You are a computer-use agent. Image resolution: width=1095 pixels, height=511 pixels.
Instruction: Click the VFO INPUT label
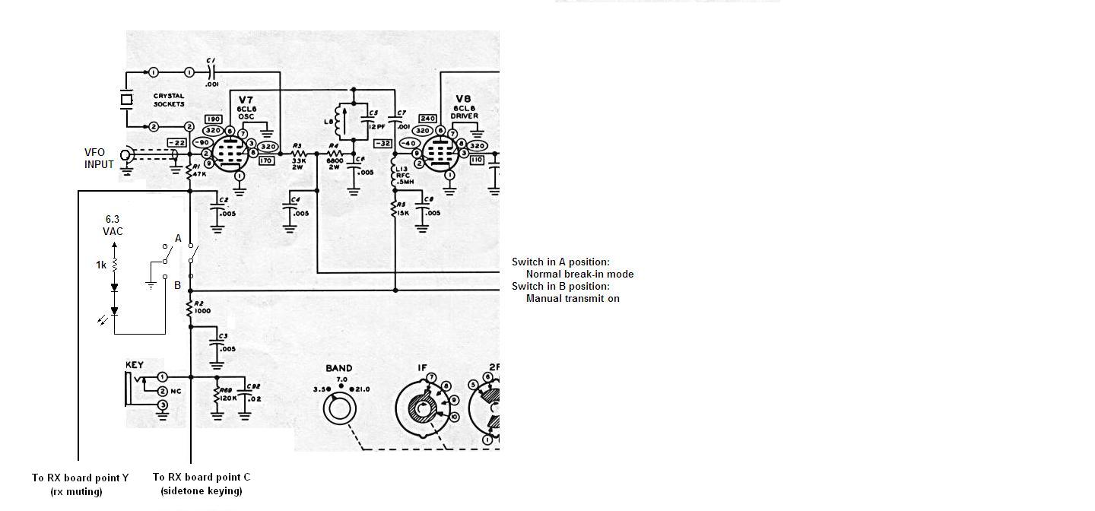coord(99,158)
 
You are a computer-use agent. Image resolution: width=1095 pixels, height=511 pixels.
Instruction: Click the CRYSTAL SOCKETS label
coord(169,100)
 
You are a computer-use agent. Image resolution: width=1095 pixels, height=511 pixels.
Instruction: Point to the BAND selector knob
coord(338,409)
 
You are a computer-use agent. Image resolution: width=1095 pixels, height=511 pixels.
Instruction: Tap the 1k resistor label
coord(101,265)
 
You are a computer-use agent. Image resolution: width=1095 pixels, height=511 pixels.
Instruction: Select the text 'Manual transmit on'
coord(573,298)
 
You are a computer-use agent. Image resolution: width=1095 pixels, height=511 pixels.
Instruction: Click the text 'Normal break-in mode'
coord(579,274)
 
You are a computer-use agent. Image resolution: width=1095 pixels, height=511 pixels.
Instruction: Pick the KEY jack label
coord(135,365)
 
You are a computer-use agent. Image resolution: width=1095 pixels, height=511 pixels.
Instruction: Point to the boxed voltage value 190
coord(214,119)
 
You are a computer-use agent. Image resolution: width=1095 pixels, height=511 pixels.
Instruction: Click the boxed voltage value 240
coord(427,119)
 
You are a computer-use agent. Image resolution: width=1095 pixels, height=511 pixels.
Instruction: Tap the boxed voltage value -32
coord(382,143)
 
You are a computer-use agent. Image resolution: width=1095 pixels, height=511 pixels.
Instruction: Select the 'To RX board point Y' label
coord(80,478)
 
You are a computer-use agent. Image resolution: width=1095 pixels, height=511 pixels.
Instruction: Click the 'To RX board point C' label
coord(202,477)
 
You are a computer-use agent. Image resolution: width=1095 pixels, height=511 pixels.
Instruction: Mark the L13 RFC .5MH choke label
coord(401,175)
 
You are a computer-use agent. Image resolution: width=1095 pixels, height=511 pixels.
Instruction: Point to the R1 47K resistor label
coord(199,170)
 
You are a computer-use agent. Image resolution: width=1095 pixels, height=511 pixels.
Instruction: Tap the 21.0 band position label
coord(360,389)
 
